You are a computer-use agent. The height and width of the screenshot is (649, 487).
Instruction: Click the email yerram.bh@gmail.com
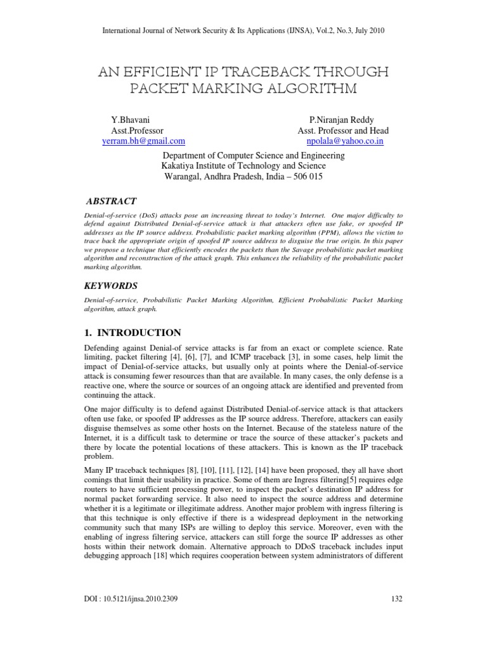point(143,141)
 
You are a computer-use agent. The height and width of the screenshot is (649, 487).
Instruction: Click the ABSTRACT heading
point(111,201)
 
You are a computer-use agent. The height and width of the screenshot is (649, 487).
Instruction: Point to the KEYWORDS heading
point(113,286)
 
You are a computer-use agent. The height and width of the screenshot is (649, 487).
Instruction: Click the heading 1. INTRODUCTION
point(133,333)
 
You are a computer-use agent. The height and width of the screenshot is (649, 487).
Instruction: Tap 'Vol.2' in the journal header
point(318,30)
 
